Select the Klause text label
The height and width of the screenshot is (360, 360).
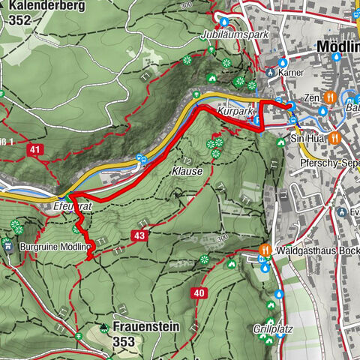187,171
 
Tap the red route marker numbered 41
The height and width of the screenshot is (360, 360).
34,150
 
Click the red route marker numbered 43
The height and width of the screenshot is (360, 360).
139,235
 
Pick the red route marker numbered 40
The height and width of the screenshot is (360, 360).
198,292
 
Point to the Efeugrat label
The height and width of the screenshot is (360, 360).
73,204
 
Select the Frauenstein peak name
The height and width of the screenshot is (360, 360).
146,326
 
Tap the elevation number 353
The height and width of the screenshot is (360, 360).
123,342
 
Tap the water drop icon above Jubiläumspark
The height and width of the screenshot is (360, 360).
222,20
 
